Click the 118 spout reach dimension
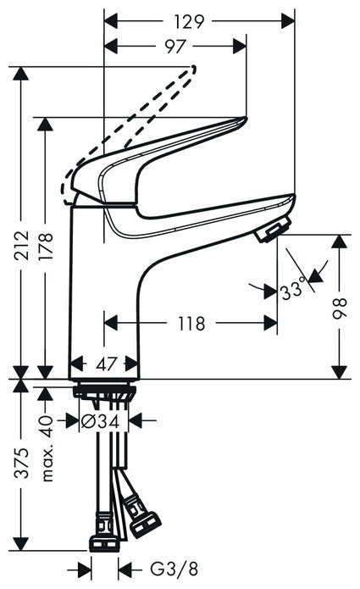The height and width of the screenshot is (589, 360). click(x=191, y=323)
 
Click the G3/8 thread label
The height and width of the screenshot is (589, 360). click(x=166, y=568)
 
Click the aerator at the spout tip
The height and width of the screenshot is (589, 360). click(x=274, y=230)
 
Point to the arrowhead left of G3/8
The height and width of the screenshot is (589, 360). click(x=85, y=568)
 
